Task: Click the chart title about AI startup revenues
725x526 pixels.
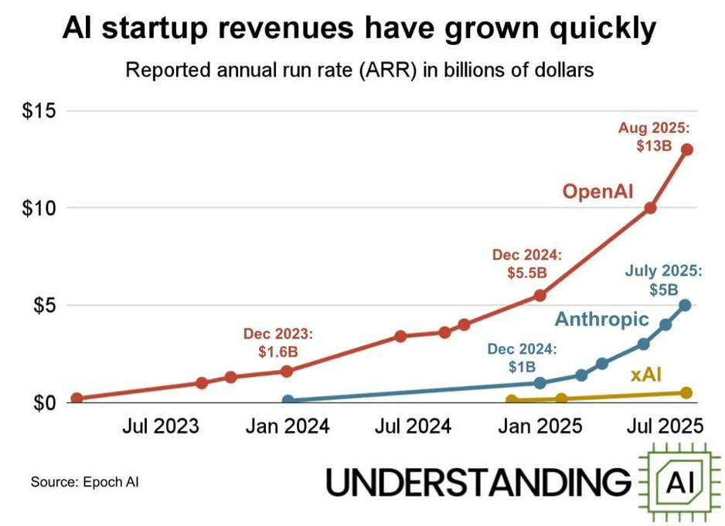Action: pos(359,29)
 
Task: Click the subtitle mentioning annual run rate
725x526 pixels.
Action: pos(359,70)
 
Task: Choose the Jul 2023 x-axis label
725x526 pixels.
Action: pos(161,426)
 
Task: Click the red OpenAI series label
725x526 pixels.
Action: pos(597,191)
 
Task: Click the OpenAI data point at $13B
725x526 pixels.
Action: pos(686,150)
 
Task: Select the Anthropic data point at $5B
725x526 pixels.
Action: pos(685,305)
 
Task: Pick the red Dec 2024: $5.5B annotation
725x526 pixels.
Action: pos(527,263)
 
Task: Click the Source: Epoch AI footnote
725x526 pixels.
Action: pos(85,483)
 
